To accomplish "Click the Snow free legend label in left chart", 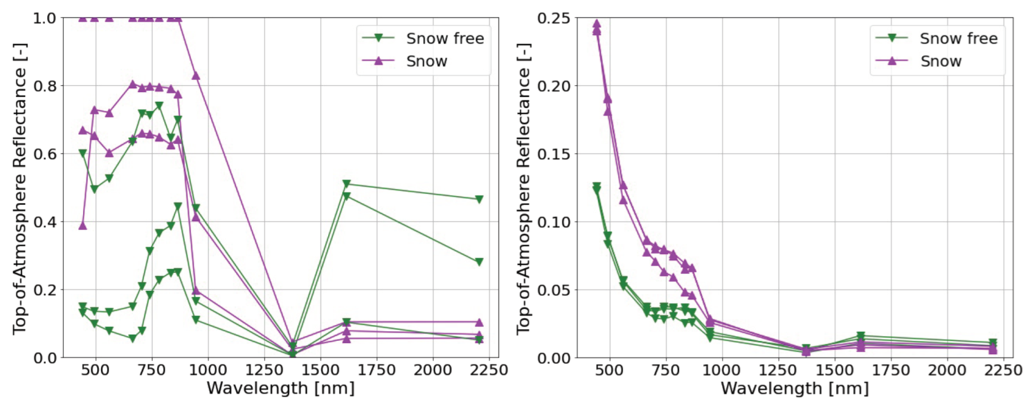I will click(444, 38).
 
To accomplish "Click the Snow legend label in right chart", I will click(941, 61).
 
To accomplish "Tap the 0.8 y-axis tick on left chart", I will click(44, 86).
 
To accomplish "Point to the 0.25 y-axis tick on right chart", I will click(553, 18).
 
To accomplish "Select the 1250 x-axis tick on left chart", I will click(264, 370).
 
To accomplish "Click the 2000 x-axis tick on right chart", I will click(947, 370).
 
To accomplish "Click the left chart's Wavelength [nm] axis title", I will click(280, 389).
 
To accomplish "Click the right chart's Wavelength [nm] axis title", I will click(795, 389).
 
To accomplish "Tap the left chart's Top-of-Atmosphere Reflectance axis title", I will click(20, 188).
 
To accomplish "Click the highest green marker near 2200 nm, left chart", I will click(479, 200).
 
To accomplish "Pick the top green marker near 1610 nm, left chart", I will click(346, 184).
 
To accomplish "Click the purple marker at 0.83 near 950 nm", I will click(196, 75).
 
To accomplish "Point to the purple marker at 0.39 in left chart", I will click(83, 225).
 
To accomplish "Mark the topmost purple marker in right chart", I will click(597, 24).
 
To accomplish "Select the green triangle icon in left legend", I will click(378, 38).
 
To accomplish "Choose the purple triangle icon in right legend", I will click(892, 61).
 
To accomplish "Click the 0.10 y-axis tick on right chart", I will click(553, 222).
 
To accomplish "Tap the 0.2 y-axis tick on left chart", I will click(44, 290).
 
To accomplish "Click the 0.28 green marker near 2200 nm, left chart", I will click(479, 262).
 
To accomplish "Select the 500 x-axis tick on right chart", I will click(609, 370).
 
